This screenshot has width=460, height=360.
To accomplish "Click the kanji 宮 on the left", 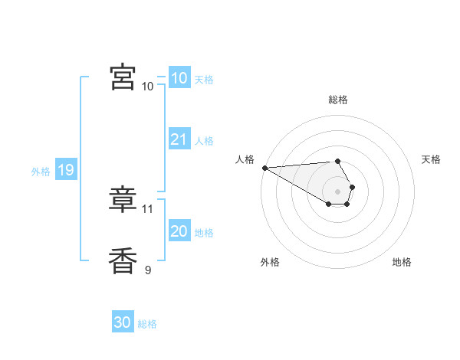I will tap(123, 78).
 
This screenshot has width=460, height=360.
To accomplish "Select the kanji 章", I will tap(123, 200).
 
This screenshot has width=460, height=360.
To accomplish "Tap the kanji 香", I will tap(123, 261).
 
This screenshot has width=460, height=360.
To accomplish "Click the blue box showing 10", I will tap(179, 78).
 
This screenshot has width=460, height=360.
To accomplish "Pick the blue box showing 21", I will tap(179, 139).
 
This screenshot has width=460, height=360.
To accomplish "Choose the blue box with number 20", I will tap(179, 231).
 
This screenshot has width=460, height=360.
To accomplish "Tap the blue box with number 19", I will tap(66, 170).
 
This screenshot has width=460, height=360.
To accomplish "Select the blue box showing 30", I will tap(122, 322).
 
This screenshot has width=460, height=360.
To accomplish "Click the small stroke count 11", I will tap(148, 208).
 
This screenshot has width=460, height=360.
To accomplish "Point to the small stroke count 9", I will tap(148, 269).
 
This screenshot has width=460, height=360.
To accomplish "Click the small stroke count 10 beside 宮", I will tap(148, 86).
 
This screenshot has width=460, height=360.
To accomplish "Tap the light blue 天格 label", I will tap(204, 79).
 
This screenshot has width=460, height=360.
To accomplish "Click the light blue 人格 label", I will tap(204, 140).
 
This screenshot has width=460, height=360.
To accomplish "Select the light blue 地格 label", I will tap(204, 232).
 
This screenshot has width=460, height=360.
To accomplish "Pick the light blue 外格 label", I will tap(41, 172).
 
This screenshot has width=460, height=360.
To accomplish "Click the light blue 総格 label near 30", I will tap(147, 324).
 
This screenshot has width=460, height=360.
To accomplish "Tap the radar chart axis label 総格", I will tap(338, 100).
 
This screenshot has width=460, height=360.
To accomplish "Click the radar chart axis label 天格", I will tap(431, 159).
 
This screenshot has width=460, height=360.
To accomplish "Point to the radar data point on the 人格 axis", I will tap(264, 168).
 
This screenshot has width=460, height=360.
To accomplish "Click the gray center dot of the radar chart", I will tap(338, 191).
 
